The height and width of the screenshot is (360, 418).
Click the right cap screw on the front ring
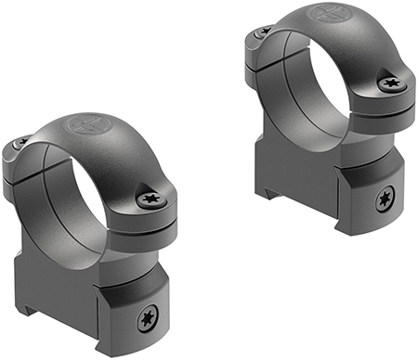150,197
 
